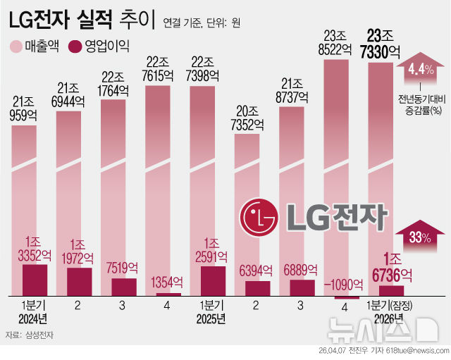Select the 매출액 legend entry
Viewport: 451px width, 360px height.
pyautogui.click(x=34, y=47)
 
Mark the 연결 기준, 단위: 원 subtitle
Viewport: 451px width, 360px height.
pyautogui.click(x=202, y=23)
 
